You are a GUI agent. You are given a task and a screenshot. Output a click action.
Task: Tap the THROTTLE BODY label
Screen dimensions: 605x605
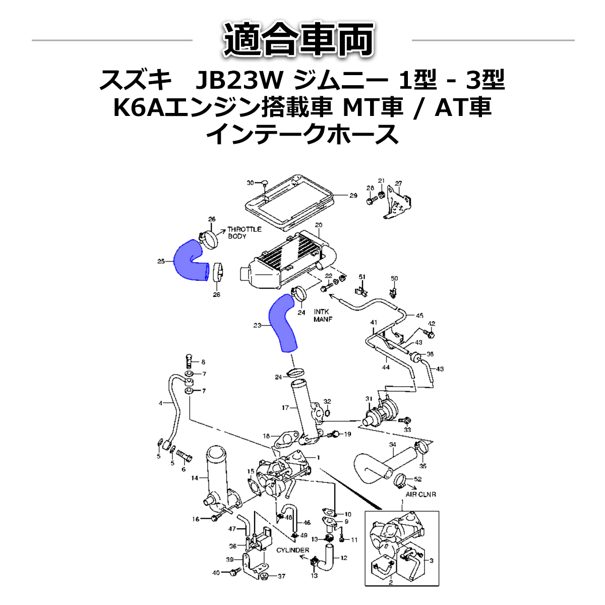coord(245,232)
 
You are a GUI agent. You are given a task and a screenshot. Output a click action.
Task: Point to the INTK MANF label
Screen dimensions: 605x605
coord(323,316)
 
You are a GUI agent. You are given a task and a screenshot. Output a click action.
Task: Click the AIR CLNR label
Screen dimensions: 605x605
coord(420,495)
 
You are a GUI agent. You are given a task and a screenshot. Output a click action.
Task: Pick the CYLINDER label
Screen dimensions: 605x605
coord(292,550)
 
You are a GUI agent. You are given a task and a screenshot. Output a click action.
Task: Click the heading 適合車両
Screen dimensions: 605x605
coord(299,39)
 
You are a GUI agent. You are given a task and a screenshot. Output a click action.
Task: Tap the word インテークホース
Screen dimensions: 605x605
coord(302,135)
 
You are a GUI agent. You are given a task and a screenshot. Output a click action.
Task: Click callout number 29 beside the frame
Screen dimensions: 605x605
coord(353,195)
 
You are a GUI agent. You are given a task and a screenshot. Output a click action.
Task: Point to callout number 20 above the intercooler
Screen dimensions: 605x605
coord(319,225)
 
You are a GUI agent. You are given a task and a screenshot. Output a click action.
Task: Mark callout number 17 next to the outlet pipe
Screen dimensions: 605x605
coord(285,407)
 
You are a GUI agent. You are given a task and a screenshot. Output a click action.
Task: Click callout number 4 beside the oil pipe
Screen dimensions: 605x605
coord(160,403)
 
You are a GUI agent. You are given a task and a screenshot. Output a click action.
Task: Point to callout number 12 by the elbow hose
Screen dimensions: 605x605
coord(344,558)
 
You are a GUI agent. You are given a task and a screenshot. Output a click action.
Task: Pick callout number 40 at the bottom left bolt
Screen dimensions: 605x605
coord(216,573)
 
